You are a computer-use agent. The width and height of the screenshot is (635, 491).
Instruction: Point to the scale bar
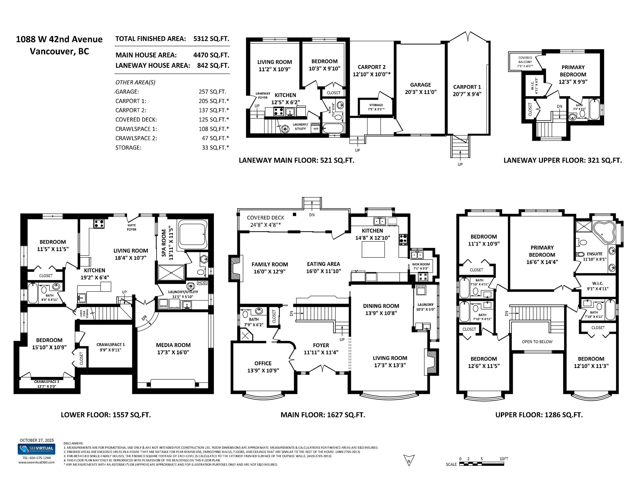click(x=481, y=464)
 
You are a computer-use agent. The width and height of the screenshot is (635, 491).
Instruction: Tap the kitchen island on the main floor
click(x=373, y=249)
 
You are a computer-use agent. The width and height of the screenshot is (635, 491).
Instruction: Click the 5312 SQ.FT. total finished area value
click(x=211, y=39)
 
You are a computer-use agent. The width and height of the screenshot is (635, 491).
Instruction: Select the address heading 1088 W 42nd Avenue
click(x=59, y=39)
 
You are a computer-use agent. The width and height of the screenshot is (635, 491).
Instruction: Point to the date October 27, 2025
click(x=37, y=440)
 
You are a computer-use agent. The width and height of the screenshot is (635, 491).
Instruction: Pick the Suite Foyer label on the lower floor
click(x=131, y=227)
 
